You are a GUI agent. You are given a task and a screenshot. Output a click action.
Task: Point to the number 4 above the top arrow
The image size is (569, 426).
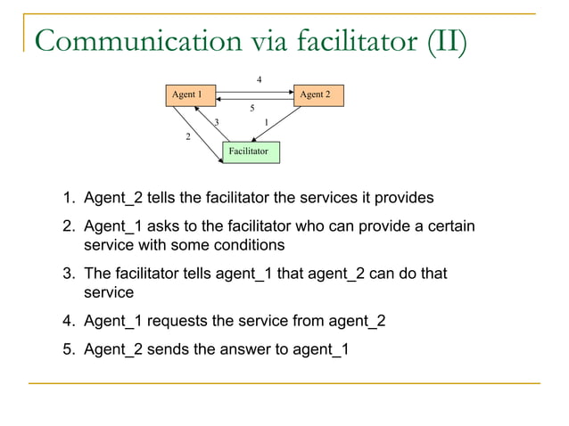click(259, 80)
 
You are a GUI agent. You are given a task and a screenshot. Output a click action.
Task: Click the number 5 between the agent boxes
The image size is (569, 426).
click(252, 109)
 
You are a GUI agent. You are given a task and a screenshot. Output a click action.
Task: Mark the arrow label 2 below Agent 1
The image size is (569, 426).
click(187, 136)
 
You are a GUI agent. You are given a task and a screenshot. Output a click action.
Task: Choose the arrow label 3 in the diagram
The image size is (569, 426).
click(217, 122)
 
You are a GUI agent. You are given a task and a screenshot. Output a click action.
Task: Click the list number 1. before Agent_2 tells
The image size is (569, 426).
click(69, 197)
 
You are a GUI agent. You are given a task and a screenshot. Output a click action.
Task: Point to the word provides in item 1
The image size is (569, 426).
click(405, 197)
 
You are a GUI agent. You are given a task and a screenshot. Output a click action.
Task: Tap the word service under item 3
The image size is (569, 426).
click(108, 291)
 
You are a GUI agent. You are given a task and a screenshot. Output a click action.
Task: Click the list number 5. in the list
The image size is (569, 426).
click(69, 348)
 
